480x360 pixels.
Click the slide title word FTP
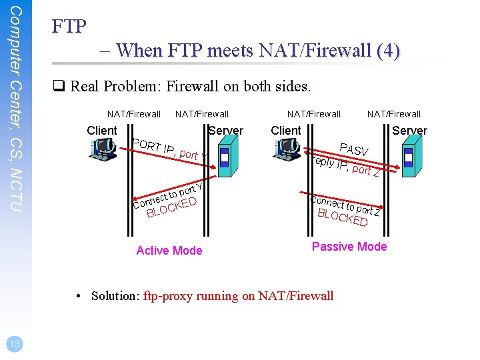coord(69,27)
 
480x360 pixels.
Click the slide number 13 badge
coord(13,343)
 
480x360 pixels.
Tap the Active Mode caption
coord(169,251)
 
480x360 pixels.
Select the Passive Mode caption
coord(349,247)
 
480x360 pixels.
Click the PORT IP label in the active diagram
coord(154,147)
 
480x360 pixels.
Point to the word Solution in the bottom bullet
coord(113,296)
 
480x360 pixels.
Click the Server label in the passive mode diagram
coord(409,131)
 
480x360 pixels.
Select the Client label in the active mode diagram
coord(102,131)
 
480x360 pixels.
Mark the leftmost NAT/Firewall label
coord(134,114)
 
